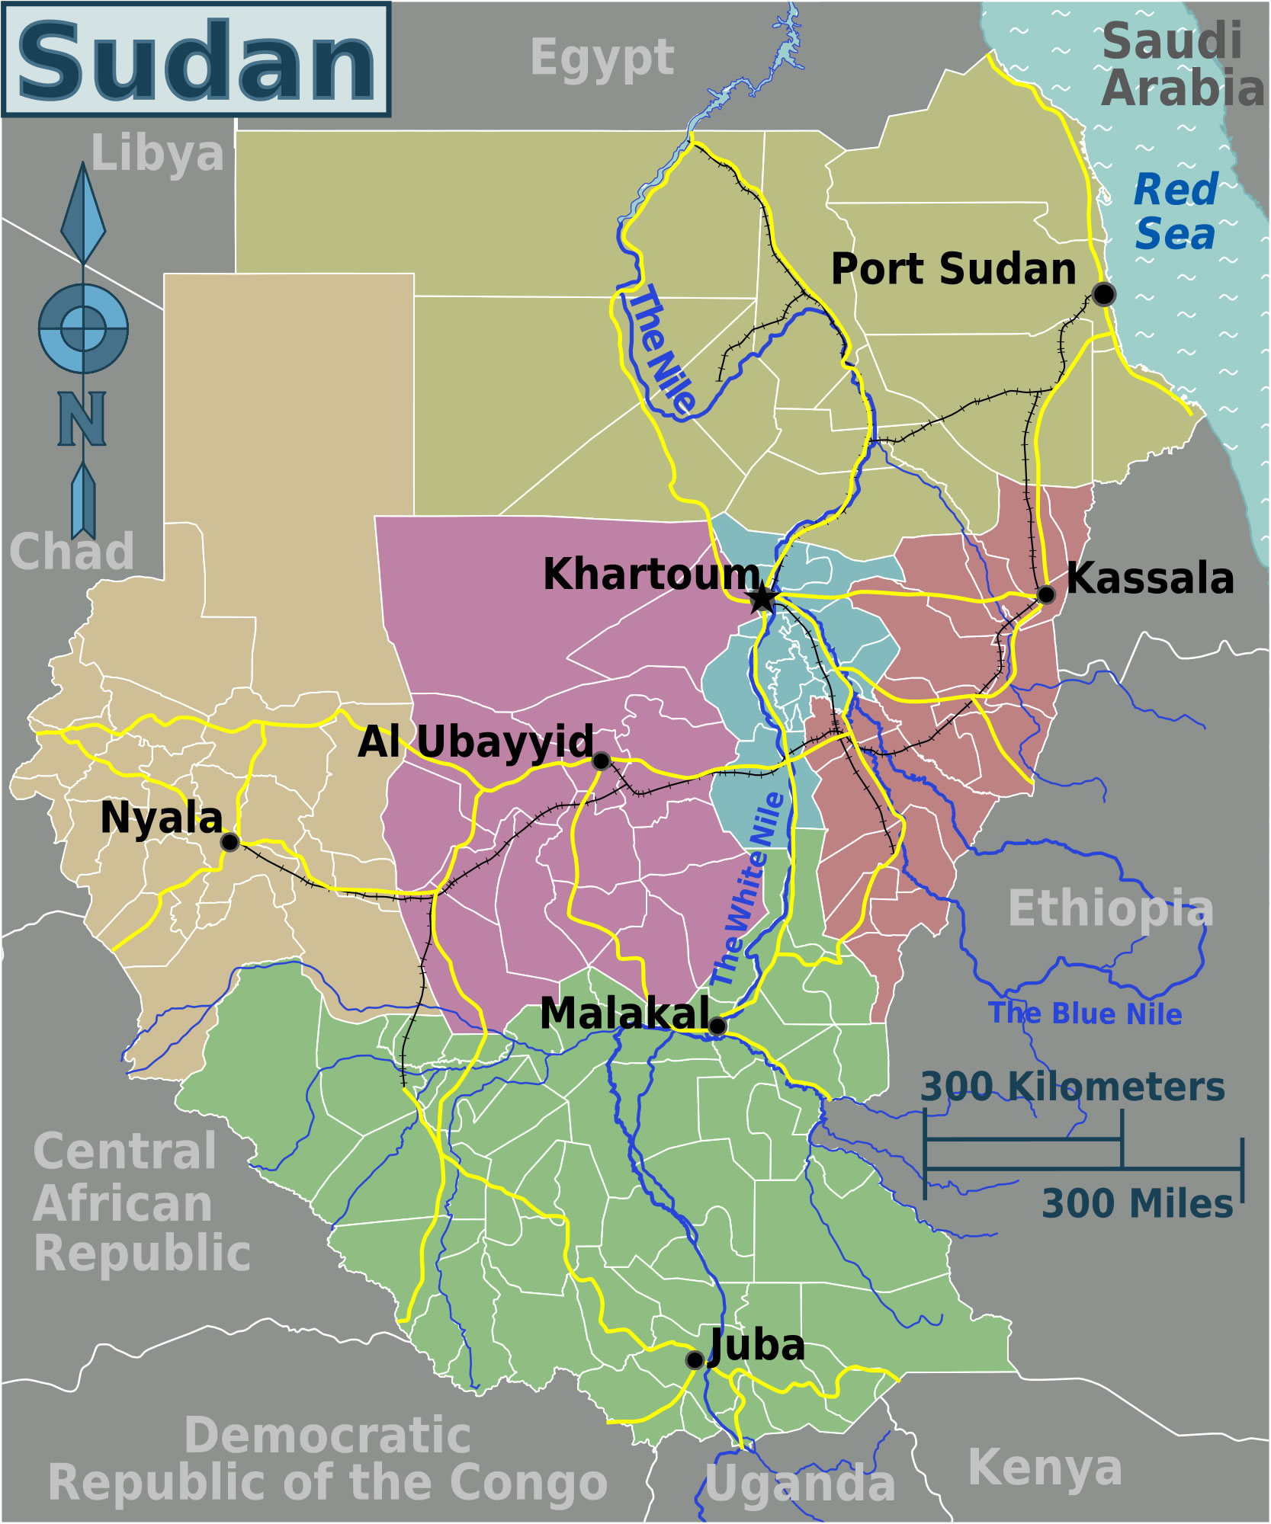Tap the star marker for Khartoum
click(x=762, y=599)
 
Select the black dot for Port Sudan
click(x=1102, y=294)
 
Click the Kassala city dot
click(x=1045, y=594)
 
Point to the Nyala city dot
click(x=229, y=842)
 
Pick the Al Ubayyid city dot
click(x=601, y=760)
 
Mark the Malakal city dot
click(x=717, y=1026)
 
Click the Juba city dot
click(x=694, y=1360)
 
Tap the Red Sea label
click(x=1175, y=211)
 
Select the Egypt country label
click(x=602, y=58)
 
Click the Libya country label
click(x=157, y=154)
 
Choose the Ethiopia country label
click(x=1110, y=908)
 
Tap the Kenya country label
click(x=1045, y=1467)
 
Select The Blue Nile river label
click(x=1084, y=1013)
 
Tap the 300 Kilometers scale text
click(x=1072, y=1087)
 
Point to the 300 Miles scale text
click(x=1137, y=1204)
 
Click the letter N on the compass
click(x=82, y=418)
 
